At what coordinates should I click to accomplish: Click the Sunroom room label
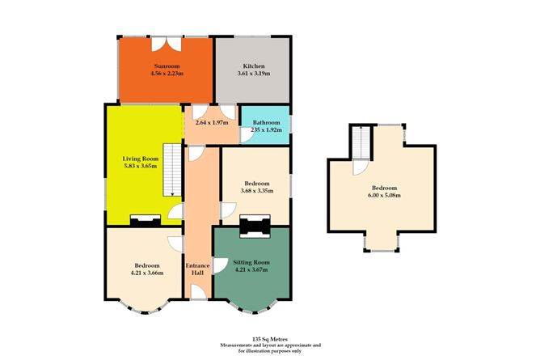click(x=167, y=66)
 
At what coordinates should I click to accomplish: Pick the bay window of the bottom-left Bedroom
click(x=146, y=308)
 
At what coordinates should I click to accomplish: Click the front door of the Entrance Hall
click(x=197, y=297)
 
